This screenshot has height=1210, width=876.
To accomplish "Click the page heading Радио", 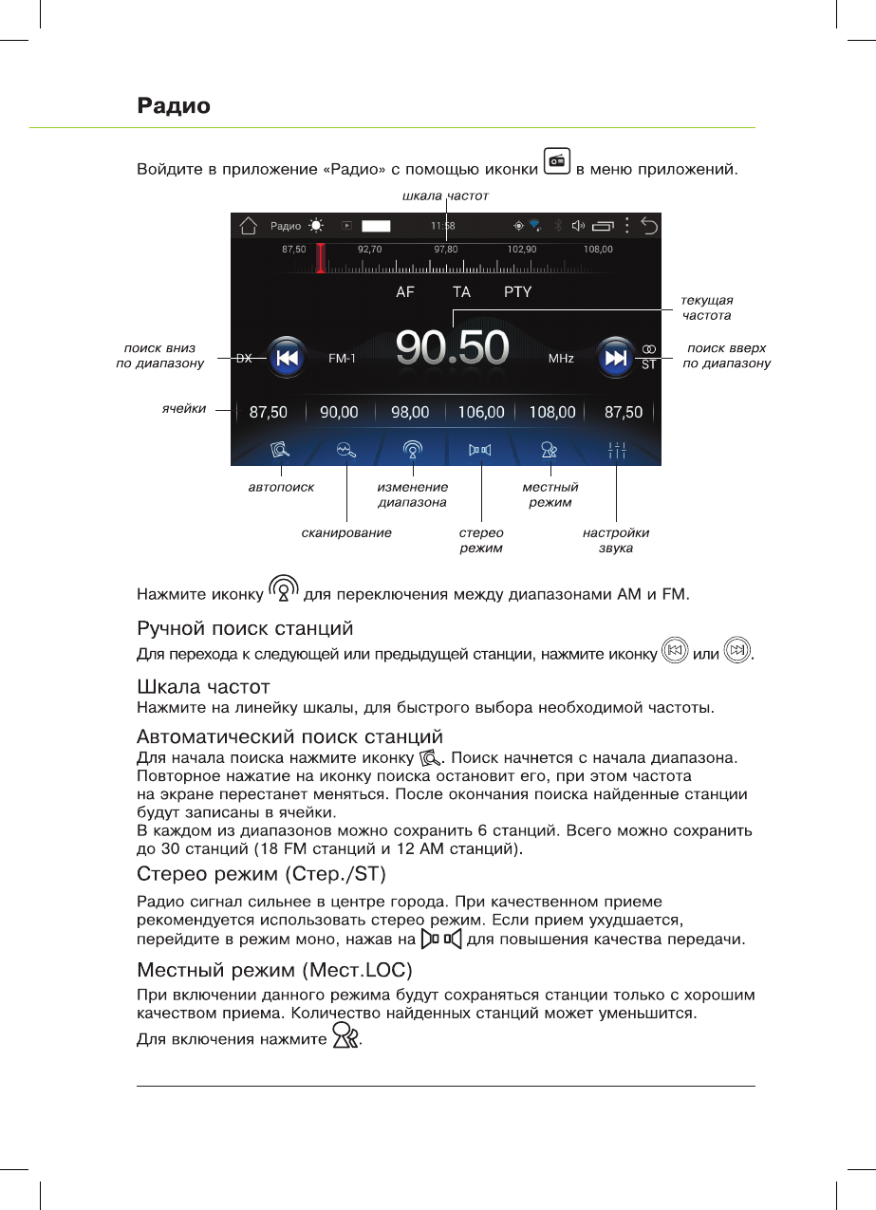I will pyautogui.click(x=174, y=105).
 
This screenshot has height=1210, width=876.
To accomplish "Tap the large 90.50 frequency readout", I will pyautogui.click(x=453, y=348).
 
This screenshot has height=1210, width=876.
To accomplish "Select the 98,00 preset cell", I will pyautogui.click(x=410, y=413).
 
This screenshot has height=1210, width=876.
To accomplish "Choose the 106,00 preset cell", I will pyautogui.click(x=481, y=413).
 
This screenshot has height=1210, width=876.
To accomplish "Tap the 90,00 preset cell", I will pyautogui.click(x=339, y=413).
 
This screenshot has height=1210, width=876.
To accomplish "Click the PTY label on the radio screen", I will pyautogui.click(x=517, y=292).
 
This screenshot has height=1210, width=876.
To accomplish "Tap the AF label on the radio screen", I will pyautogui.click(x=405, y=292).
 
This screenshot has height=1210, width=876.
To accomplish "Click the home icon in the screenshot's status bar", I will pyautogui.click(x=249, y=226).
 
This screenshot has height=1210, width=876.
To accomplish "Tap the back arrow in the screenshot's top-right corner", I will pyautogui.click(x=649, y=226).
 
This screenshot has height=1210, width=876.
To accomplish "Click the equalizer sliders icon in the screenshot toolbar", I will pyautogui.click(x=617, y=451).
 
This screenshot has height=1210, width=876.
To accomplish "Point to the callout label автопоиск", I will pyautogui.click(x=281, y=487).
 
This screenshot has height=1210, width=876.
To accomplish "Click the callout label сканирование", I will pyautogui.click(x=346, y=533).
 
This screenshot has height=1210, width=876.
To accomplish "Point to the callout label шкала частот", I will pyautogui.click(x=445, y=195).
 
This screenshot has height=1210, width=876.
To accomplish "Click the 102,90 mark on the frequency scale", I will pyautogui.click(x=522, y=249).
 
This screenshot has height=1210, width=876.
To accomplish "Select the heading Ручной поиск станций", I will pyautogui.click(x=245, y=628).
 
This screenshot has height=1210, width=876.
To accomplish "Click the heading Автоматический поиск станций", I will pyautogui.click(x=289, y=736).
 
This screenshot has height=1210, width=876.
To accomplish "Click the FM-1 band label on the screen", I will pyautogui.click(x=342, y=359).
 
